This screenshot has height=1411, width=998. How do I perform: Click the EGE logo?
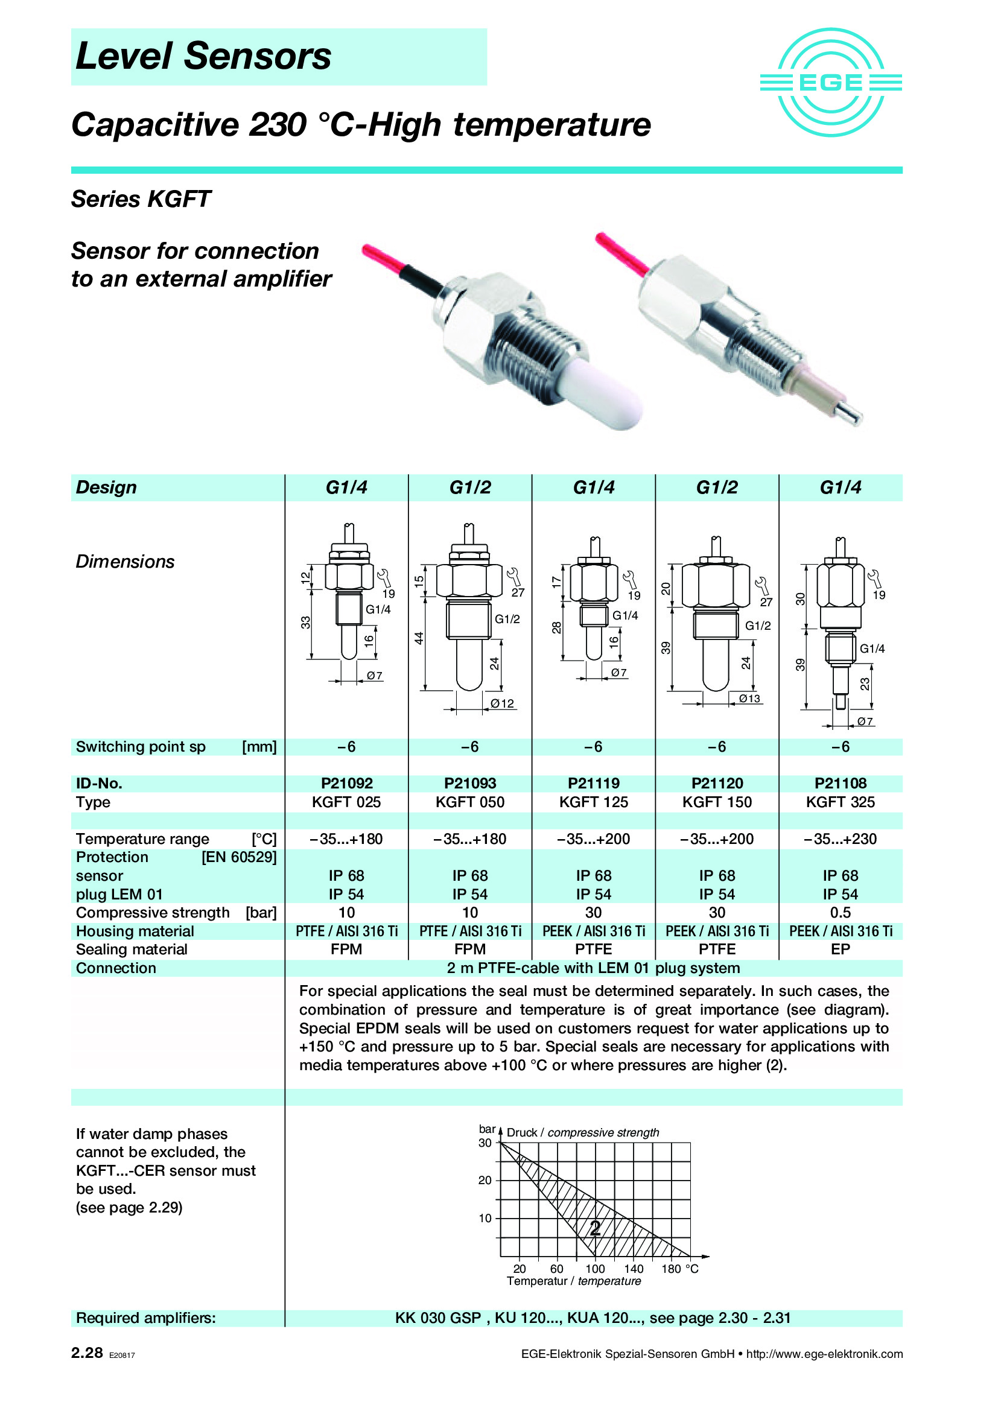coord(830,83)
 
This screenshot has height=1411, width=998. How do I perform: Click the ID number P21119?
coord(594,783)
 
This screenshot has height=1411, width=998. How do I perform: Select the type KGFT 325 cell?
coord(840,802)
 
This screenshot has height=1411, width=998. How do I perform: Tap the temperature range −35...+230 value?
coord(840,839)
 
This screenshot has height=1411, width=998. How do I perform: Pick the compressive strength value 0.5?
coord(840,913)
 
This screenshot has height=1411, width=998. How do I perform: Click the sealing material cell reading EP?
coord(840,950)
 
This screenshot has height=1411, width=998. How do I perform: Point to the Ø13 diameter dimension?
coord(749,699)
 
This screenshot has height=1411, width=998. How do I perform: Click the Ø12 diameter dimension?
coord(502,703)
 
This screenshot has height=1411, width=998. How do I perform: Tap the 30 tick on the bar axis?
coord(485,1143)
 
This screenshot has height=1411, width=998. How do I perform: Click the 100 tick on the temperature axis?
coord(594,1269)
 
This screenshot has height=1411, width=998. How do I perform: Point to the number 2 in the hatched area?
coord(595,1228)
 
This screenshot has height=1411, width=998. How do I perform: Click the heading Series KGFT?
coord(141,199)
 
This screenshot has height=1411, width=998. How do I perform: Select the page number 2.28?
coord(87,1352)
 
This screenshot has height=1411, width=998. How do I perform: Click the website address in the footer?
coord(824,1354)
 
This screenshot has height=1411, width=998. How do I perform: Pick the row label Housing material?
coord(135,931)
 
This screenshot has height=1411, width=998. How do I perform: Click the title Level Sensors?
coord(203,57)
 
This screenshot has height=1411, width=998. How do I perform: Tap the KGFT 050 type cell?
coord(469,802)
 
